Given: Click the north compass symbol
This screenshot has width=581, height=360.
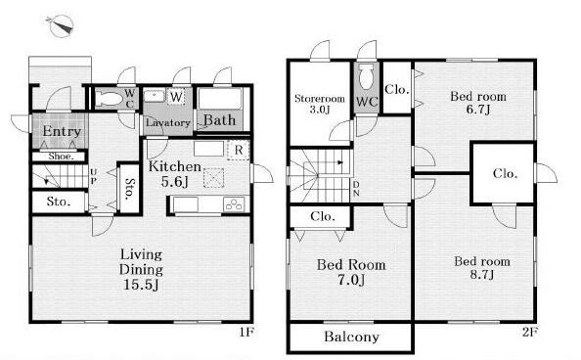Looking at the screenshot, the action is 61,25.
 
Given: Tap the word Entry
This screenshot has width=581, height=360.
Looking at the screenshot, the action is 62,131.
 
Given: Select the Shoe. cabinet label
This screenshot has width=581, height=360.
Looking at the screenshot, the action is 62,157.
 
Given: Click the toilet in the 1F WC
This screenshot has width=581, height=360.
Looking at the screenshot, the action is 109,99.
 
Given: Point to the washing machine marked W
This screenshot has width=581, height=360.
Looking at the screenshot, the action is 176,97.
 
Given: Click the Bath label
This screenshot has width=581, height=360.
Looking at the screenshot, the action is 219,120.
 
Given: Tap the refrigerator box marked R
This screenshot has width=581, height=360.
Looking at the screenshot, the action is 239,150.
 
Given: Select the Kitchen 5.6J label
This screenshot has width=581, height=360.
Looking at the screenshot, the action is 174,173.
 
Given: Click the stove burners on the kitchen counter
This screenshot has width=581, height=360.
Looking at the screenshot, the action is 234,204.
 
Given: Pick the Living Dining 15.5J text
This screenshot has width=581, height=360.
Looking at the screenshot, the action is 141,269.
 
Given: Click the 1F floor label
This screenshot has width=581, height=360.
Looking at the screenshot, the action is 246,332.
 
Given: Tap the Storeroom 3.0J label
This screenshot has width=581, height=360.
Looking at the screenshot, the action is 320,104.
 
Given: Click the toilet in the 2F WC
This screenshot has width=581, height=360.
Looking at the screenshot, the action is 366,76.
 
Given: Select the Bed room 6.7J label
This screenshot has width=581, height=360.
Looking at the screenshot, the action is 478,103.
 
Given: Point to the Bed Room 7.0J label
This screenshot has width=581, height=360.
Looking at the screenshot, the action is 351,272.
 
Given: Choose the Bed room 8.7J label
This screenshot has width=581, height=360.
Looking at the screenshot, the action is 481,268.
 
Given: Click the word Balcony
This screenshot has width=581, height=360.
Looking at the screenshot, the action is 351,337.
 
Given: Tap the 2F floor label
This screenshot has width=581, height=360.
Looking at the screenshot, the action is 530,332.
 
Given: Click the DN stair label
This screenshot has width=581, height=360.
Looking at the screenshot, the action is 356,189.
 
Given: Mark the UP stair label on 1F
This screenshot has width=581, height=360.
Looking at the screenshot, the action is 93,176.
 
